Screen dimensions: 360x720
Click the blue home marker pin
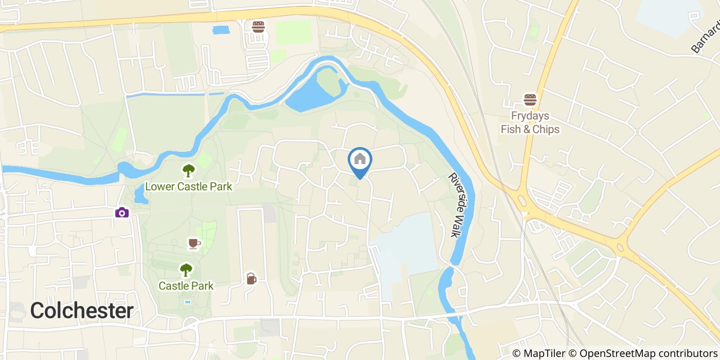click(x=360, y=160)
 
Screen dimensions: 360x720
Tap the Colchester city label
click(x=82, y=311)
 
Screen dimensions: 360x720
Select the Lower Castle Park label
click(x=189, y=186)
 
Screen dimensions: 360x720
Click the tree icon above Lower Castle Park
click(x=189, y=170)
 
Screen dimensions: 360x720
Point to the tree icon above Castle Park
click(x=186, y=269)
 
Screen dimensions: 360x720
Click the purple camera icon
click(x=122, y=212)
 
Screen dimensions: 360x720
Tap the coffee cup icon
click(x=193, y=243)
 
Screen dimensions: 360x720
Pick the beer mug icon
click(x=250, y=278)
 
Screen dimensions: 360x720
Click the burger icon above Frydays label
click(x=530, y=99)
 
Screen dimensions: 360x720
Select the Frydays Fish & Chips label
click(x=530, y=122)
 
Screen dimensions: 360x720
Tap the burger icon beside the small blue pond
click(x=258, y=27)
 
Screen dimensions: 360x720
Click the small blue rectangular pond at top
click(x=221, y=30)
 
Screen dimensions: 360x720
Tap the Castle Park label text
click(x=186, y=285)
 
